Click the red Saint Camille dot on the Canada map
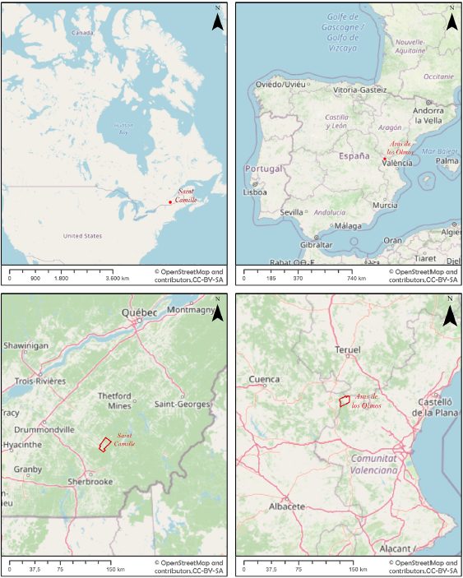click(170, 201)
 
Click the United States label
click(83, 236)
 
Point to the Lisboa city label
click(255, 192)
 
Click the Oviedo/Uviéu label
click(280, 84)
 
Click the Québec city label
click(138, 313)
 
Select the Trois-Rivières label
click(39, 381)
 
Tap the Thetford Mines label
click(114, 401)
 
